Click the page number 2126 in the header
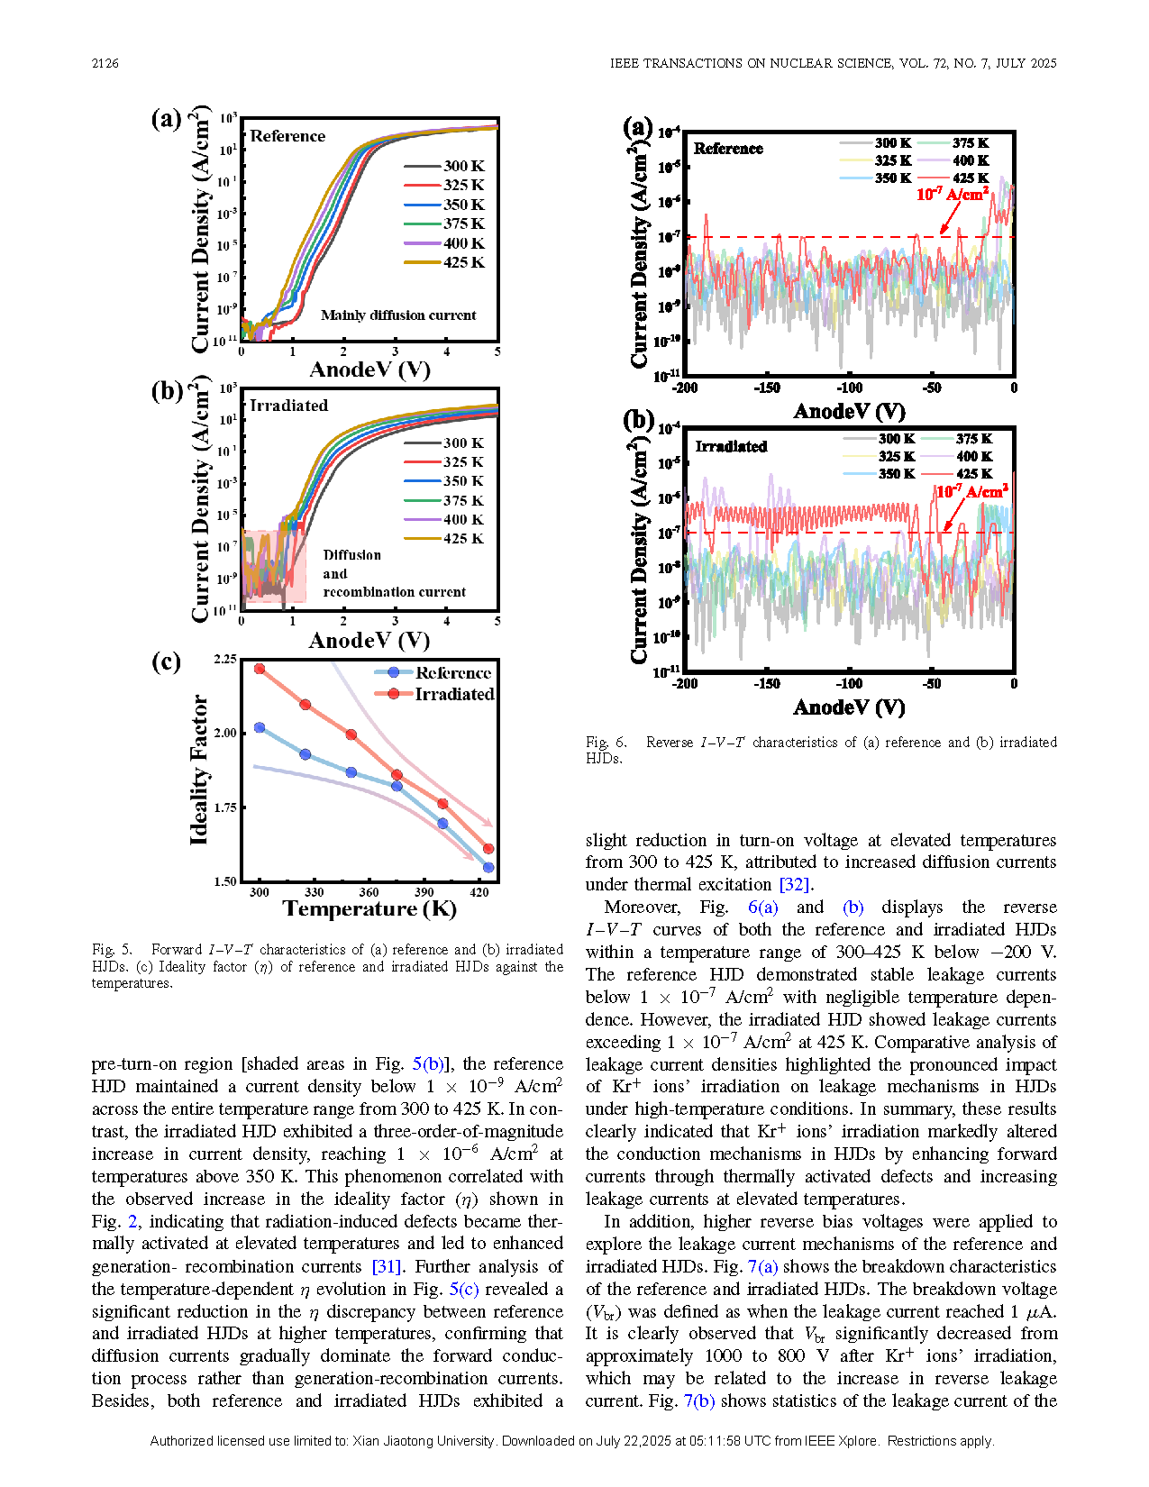point(105,63)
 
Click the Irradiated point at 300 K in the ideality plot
point(260,669)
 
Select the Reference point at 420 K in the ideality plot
point(488,868)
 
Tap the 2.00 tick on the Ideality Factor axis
point(225,733)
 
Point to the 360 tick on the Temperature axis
point(369,891)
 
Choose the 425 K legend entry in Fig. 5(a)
point(444,262)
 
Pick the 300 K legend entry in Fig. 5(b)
point(444,442)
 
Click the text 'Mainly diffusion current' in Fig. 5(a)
point(398,315)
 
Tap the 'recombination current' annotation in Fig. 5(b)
point(394,591)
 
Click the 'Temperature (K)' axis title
point(369,908)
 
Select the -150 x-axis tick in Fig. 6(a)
point(767,388)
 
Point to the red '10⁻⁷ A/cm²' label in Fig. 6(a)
point(953,195)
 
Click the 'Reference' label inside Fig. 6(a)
point(728,149)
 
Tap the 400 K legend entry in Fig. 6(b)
point(957,456)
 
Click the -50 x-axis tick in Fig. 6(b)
point(932,683)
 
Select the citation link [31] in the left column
point(387,1266)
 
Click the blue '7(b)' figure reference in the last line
point(699,1400)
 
